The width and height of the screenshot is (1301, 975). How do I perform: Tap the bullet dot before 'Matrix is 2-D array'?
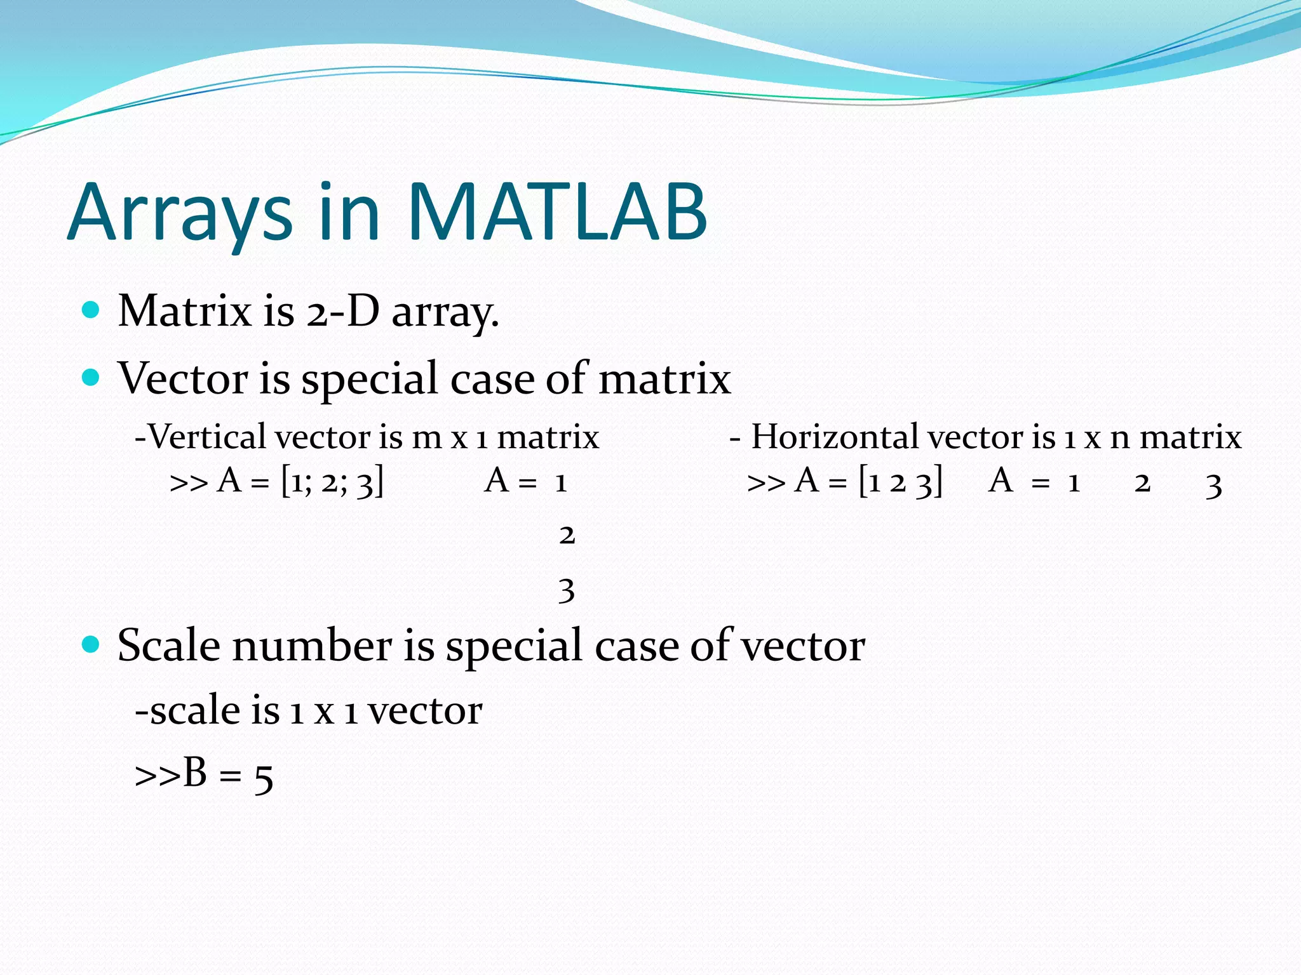[91, 310]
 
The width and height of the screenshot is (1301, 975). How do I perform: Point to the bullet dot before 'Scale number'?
[91, 645]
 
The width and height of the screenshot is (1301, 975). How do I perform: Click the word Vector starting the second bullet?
[183, 378]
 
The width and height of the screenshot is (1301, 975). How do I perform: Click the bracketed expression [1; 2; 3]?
[332, 481]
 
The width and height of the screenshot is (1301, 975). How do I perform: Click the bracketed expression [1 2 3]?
[900, 481]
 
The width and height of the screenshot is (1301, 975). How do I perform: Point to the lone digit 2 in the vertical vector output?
[567, 535]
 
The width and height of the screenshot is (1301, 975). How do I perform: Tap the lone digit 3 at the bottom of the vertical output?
[567, 590]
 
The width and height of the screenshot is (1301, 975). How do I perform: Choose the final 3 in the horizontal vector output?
[1213, 485]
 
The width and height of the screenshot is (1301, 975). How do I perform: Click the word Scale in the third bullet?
[169, 646]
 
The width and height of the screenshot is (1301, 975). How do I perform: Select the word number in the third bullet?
[312, 646]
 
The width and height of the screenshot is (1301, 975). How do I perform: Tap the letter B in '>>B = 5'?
[195, 773]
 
